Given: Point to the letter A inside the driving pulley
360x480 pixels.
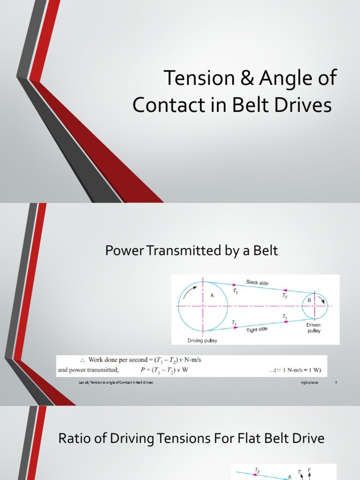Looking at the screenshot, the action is pos(212,295).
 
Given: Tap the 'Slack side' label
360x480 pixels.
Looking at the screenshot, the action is pos(257,282).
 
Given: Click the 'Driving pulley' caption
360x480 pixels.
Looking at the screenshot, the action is pos(202,341).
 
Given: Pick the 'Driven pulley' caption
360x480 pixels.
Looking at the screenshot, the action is pos(314,328).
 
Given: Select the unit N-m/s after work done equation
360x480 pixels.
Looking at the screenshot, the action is pos(197,360).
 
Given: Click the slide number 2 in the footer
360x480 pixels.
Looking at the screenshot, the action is pos(336,382).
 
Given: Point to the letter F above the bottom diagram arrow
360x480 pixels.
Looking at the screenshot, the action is pos(309,469).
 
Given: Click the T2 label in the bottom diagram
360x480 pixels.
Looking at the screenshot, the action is pos(257,470).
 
